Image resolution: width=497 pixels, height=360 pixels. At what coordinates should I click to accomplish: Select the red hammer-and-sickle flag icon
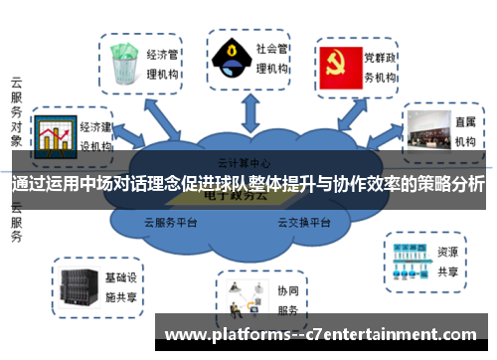[338, 62]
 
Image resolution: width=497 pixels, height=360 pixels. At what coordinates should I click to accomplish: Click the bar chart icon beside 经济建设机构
[55, 134]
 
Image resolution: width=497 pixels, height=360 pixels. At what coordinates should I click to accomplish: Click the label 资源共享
[448, 261]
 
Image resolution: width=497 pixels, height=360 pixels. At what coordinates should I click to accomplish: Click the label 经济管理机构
[163, 61]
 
